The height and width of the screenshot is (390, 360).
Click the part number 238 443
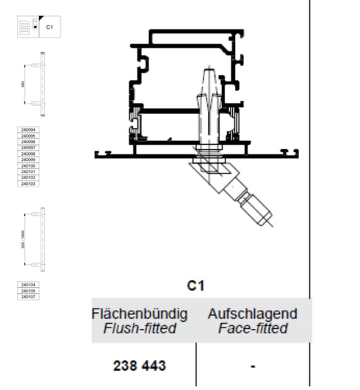pyautogui.click(x=140, y=365)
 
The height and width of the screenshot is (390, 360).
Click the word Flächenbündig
pyautogui.click(x=140, y=314)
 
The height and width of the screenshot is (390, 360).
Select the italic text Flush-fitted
pyautogui.click(x=140, y=328)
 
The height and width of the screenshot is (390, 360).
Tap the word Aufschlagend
pyautogui.click(x=253, y=314)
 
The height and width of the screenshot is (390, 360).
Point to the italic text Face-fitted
pyautogui.click(x=253, y=328)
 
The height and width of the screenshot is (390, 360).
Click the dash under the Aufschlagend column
pyautogui.click(x=252, y=365)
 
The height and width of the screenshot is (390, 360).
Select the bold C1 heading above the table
pyautogui.click(x=196, y=286)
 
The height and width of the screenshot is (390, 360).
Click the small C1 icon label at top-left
pyautogui.click(x=50, y=26)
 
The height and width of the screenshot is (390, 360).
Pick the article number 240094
pyautogui.click(x=28, y=131)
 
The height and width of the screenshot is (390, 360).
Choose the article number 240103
pyautogui.click(x=28, y=184)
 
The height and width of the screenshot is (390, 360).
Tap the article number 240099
pyautogui.click(x=28, y=160)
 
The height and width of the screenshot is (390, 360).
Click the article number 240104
pyautogui.click(x=28, y=285)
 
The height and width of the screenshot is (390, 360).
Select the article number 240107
pyautogui.click(x=28, y=297)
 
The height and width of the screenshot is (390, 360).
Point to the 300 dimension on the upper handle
pyautogui.click(x=26, y=84)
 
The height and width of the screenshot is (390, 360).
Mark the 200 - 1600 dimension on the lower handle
pyautogui.click(x=24, y=239)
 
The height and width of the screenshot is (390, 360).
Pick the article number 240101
pyautogui.click(x=28, y=172)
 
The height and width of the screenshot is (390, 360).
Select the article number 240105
pyautogui.click(x=28, y=291)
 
